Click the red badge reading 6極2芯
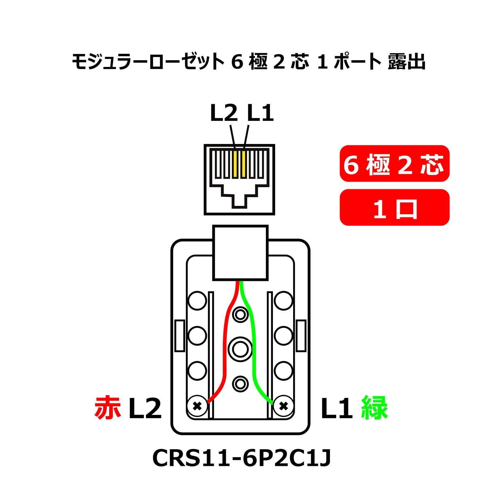394,164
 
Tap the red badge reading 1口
394,207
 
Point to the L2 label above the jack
224,114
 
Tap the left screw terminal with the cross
197,406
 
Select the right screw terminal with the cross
283,406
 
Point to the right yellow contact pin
244,164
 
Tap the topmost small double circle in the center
240,315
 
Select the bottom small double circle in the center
240,383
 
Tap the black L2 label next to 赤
145,408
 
